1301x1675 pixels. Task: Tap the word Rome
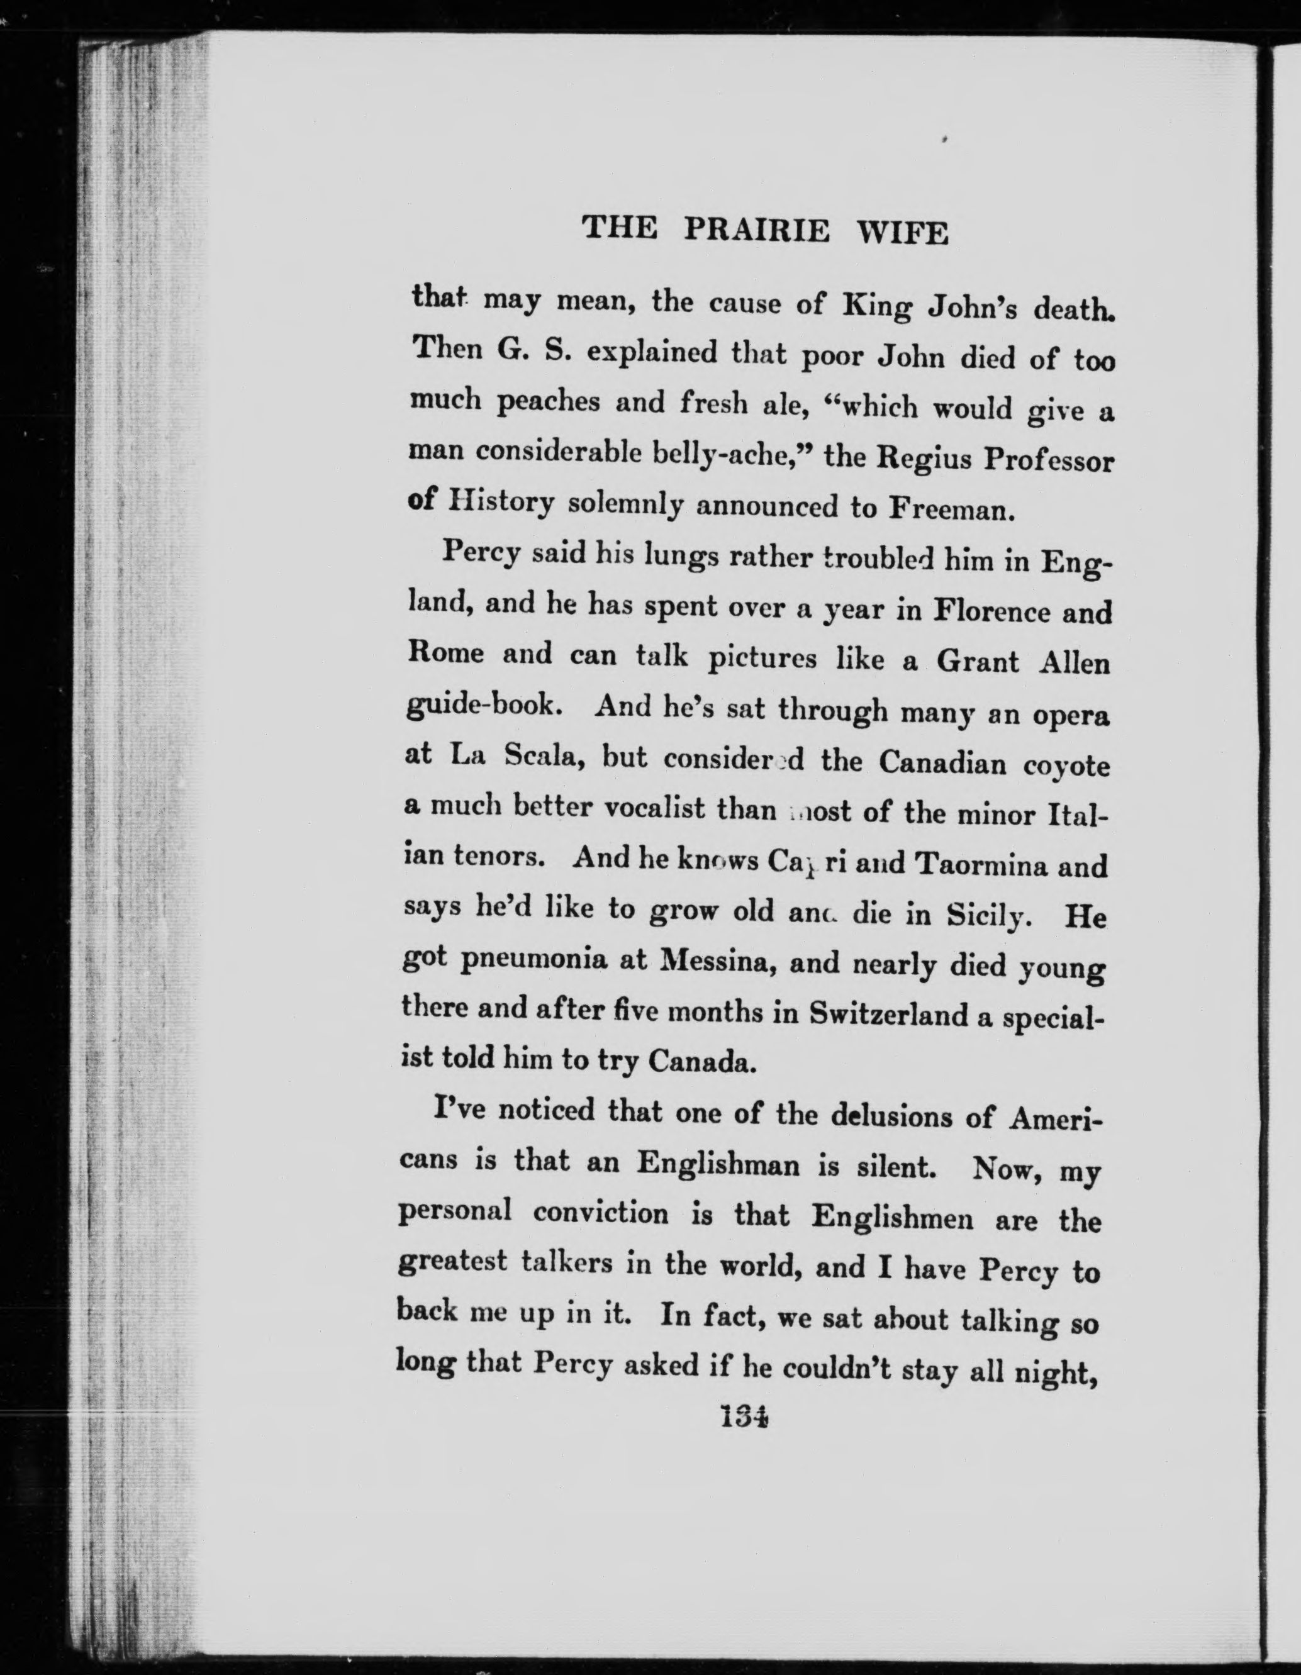point(445,654)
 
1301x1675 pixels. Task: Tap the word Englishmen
point(892,1217)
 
